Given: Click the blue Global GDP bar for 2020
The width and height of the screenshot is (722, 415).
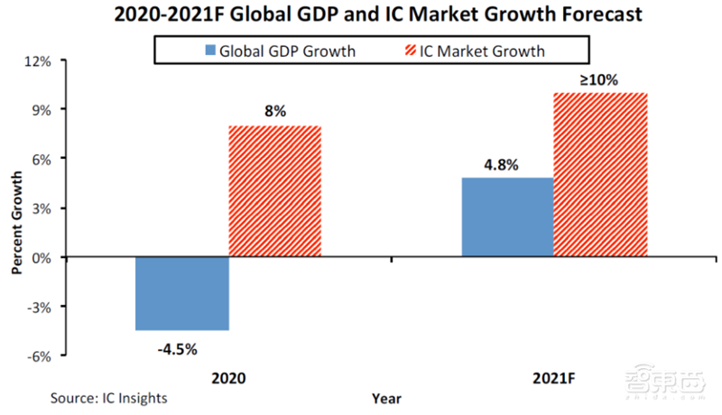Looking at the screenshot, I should point(182,294).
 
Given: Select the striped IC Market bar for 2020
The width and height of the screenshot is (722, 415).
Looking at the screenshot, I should point(274,191).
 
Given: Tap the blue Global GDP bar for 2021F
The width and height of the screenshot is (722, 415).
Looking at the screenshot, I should point(507,217).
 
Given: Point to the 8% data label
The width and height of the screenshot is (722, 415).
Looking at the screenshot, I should point(274,113).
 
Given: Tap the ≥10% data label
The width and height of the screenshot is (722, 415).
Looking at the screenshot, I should point(598,79).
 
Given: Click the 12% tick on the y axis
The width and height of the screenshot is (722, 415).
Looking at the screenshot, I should point(42,61).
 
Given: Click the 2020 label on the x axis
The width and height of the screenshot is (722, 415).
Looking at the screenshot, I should point(228,379).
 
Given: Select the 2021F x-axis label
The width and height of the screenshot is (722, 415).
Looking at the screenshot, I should point(552,379).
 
